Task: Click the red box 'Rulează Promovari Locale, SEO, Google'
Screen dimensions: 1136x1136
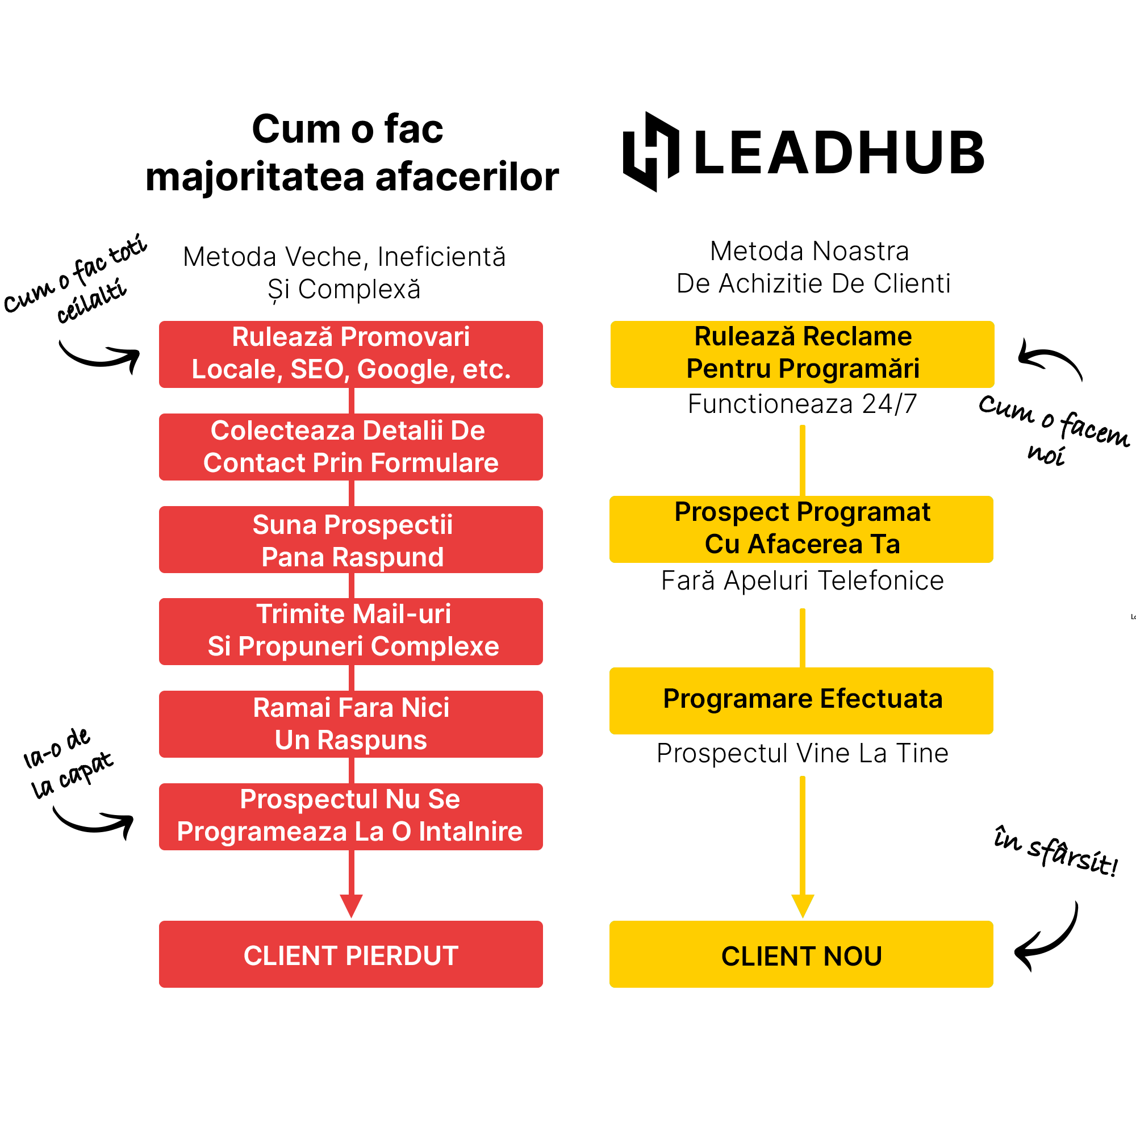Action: tap(350, 354)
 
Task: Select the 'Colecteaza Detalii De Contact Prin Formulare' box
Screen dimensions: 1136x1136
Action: tap(350, 447)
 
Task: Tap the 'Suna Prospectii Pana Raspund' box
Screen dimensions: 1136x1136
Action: tap(350, 540)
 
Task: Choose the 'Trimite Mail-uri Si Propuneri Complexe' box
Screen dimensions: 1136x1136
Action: tap(350, 632)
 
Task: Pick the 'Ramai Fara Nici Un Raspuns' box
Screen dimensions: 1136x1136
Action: tap(350, 724)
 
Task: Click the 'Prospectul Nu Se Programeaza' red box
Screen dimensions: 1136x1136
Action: tap(350, 816)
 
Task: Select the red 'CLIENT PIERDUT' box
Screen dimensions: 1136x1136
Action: tap(350, 955)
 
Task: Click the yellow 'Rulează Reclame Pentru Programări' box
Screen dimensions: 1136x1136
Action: tap(802, 354)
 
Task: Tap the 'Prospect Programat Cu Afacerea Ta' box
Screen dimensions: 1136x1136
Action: tap(801, 529)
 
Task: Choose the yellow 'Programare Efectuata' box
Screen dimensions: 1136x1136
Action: tap(801, 700)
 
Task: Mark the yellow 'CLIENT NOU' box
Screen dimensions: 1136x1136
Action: tap(801, 955)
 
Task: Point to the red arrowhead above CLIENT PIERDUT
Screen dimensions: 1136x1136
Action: tap(351, 905)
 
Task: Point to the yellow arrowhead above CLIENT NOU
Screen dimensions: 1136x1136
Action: tap(803, 905)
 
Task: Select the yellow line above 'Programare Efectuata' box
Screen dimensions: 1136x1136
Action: tap(803, 638)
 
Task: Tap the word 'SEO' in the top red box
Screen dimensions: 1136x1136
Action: tap(316, 370)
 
